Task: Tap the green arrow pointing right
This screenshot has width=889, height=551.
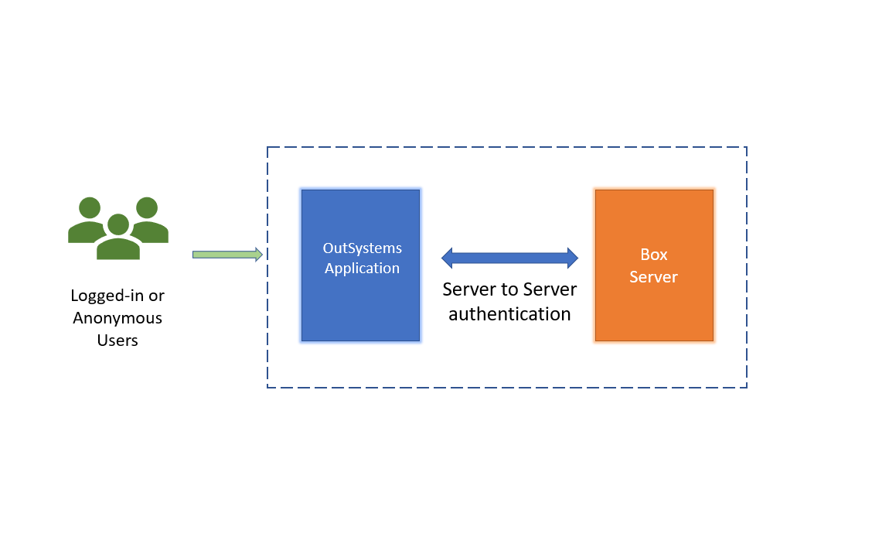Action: (x=224, y=255)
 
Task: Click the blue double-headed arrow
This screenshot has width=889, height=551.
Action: (x=509, y=258)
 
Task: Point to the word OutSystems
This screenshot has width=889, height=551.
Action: (x=362, y=248)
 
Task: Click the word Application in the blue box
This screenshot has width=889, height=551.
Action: (x=362, y=269)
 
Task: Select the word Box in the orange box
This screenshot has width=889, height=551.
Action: (x=654, y=255)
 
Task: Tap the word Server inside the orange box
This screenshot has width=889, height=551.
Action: (x=653, y=277)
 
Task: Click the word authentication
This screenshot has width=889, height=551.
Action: (x=509, y=314)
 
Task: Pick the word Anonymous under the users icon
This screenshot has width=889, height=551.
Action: (x=118, y=318)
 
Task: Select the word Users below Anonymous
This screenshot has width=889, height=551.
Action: (x=118, y=341)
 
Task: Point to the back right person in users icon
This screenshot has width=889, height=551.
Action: (x=148, y=221)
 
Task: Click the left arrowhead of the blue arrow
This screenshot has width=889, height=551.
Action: (x=448, y=258)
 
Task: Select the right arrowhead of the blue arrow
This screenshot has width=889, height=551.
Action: (x=571, y=258)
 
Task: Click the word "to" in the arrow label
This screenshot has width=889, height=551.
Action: (x=509, y=289)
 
